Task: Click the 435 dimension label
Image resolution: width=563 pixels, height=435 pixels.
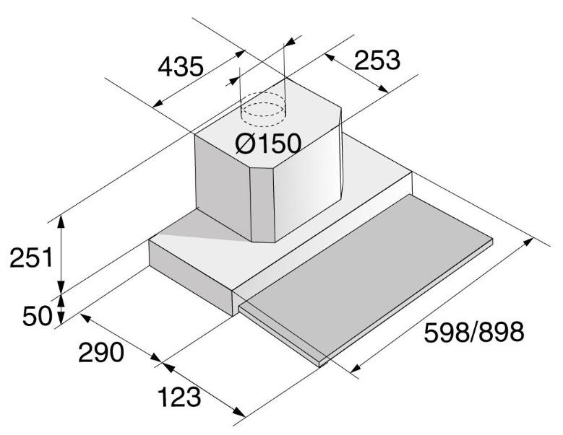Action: click(x=181, y=66)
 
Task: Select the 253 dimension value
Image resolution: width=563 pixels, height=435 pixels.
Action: click(x=377, y=60)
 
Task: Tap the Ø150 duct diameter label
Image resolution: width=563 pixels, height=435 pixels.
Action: click(x=268, y=144)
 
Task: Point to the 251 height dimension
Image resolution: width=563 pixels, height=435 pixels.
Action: click(x=32, y=258)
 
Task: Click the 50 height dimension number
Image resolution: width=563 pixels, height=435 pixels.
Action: click(x=38, y=315)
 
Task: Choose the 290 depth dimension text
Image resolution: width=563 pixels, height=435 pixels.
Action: click(x=101, y=352)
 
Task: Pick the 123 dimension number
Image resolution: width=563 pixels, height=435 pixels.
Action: click(x=179, y=397)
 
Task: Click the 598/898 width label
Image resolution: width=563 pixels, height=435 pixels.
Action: click(x=474, y=332)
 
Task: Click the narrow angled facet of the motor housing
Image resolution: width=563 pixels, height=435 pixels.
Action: click(x=262, y=205)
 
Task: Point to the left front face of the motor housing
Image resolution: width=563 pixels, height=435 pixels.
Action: click(x=223, y=186)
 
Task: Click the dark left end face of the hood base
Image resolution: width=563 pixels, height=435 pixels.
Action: click(x=191, y=278)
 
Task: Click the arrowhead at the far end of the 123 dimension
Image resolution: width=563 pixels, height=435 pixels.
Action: click(x=239, y=413)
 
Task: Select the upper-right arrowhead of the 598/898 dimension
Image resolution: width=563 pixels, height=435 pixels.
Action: click(x=528, y=242)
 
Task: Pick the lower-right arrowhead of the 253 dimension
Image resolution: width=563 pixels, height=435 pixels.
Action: click(x=382, y=89)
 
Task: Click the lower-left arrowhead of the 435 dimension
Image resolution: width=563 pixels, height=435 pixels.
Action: click(x=158, y=104)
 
